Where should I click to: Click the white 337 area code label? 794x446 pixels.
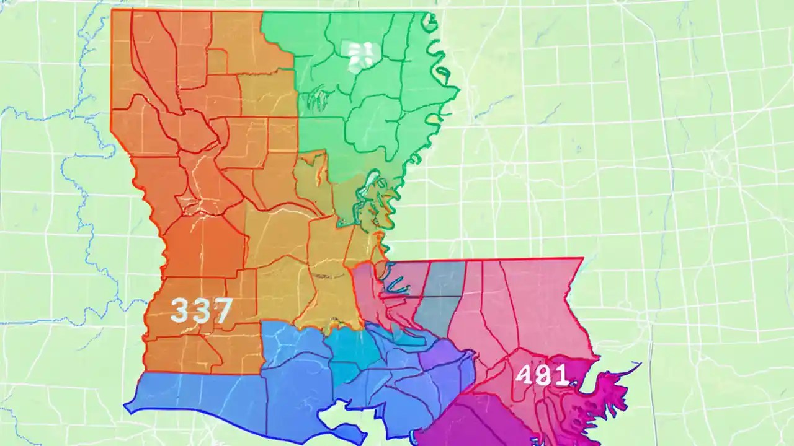tap(201, 310)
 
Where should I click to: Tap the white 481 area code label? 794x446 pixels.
tap(542, 375)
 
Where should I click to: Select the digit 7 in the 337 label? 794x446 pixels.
tap(221, 310)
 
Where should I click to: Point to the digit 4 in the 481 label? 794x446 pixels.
tap(525, 375)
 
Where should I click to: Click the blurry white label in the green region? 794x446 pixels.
tap(359, 55)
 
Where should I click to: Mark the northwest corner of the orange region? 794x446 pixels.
tap(113, 11)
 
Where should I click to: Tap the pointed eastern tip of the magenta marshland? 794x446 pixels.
tap(639, 364)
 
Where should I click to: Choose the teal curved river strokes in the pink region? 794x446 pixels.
tap(394, 282)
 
